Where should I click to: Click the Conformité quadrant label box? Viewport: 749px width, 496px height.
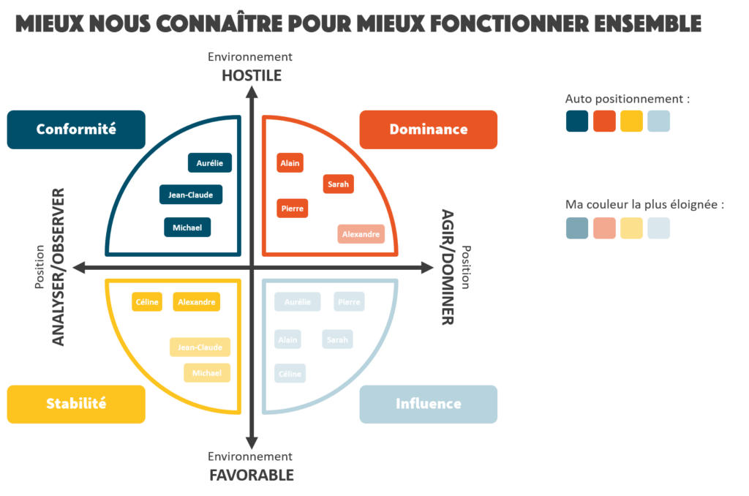click(x=76, y=129)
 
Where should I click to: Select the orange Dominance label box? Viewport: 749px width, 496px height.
click(x=428, y=129)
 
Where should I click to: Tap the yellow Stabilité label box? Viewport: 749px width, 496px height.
click(x=76, y=404)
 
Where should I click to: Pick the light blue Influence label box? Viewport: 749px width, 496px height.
click(x=428, y=404)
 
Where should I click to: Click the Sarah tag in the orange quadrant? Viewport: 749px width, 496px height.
click(x=338, y=184)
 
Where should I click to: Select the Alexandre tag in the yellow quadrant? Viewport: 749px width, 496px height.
click(x=197, y=301)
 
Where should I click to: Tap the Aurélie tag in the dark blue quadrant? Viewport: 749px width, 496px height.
click(x=209, y=163)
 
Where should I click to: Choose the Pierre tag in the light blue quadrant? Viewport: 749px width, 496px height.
click(x=349, y=301)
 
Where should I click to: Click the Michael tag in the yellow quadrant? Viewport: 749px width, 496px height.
click(x=207, y=373)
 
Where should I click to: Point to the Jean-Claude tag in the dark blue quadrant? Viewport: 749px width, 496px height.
click(x=191, y=195)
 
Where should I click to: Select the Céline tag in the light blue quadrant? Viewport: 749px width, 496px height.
click(x=290, y=374)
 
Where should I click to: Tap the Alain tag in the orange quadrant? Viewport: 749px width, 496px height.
click(x=290, y=163)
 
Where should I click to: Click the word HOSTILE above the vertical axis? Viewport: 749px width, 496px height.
click(x=252, y=75)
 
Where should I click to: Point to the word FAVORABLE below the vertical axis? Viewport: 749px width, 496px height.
click(x=252, y=475)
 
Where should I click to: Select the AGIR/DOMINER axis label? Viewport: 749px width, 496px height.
click(x=448, y=267)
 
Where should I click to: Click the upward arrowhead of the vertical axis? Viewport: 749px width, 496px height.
click(x=252, y=92)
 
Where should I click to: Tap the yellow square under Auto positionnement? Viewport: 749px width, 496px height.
click(x=632, y=121)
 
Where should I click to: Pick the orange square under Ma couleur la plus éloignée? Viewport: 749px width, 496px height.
click(x=604, y=228)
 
